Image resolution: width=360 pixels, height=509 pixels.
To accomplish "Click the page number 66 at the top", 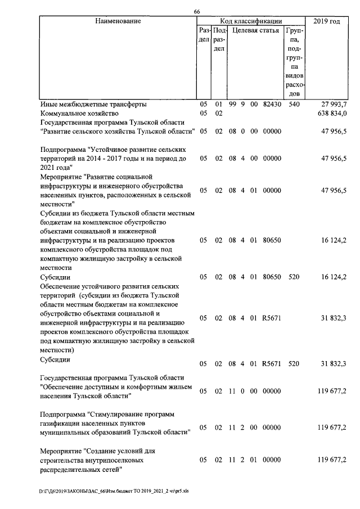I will pos(197,12).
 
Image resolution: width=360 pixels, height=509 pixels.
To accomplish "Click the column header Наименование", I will pos(118,21).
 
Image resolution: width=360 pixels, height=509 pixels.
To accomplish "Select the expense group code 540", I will pos(294,105).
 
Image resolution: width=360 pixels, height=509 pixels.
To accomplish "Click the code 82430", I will pos(272,105).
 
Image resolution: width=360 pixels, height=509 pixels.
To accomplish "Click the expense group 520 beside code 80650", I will pos(294,277).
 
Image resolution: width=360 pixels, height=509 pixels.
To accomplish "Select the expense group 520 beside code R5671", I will pos(294,363).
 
